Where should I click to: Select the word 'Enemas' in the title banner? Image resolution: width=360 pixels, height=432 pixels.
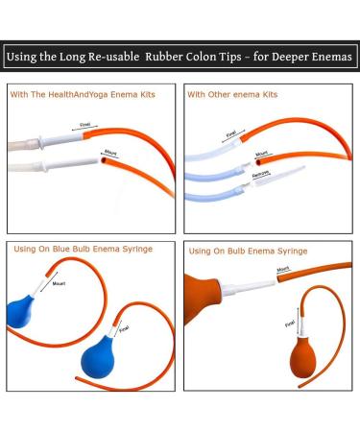tap(332, 58)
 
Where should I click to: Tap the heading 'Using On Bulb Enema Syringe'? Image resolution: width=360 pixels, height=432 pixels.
tap(248, 250)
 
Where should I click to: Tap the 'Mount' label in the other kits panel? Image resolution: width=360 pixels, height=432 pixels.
tap(262, 153)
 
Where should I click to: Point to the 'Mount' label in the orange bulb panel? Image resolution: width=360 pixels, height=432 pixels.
tap(284, 269)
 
